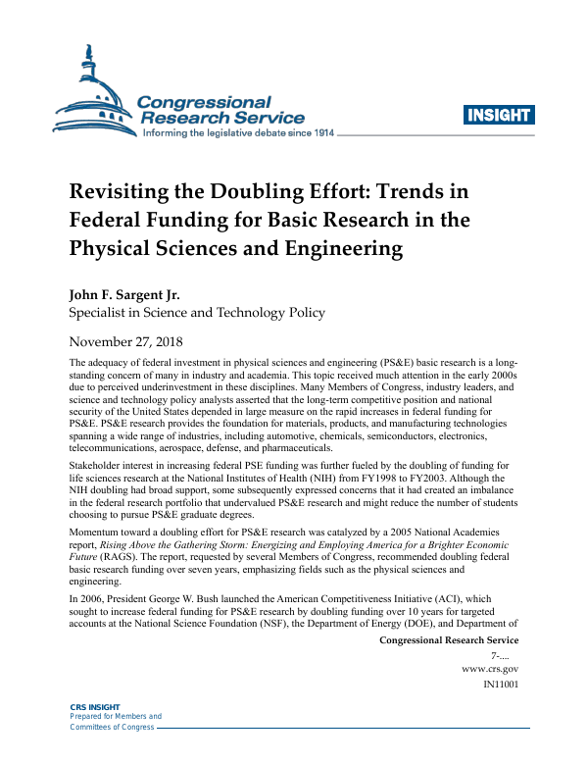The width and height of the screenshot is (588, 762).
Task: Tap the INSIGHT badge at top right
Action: pos(500,115)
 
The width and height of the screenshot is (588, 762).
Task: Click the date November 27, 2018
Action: pos(123,342)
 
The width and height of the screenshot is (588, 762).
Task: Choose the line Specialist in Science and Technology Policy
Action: pos(196,314)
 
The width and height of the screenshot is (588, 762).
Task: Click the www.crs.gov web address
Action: pos(490,668)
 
